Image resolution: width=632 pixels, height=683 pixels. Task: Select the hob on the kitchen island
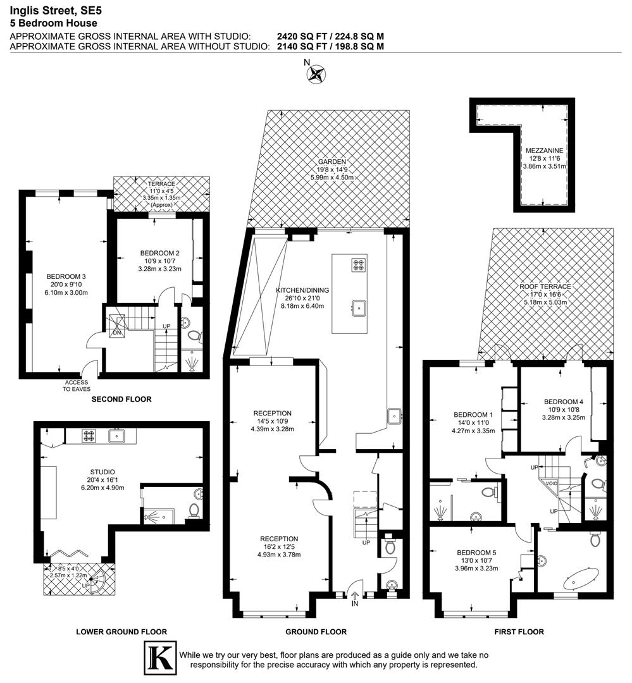(x=359, y=265)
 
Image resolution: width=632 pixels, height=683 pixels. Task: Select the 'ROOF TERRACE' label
(x=545, y=286)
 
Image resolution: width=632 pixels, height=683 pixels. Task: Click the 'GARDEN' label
(x=331, y=162)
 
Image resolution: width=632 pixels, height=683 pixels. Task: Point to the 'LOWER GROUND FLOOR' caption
(x=121, y=631)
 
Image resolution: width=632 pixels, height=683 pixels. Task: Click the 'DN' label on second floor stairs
(x=116, y=332)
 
